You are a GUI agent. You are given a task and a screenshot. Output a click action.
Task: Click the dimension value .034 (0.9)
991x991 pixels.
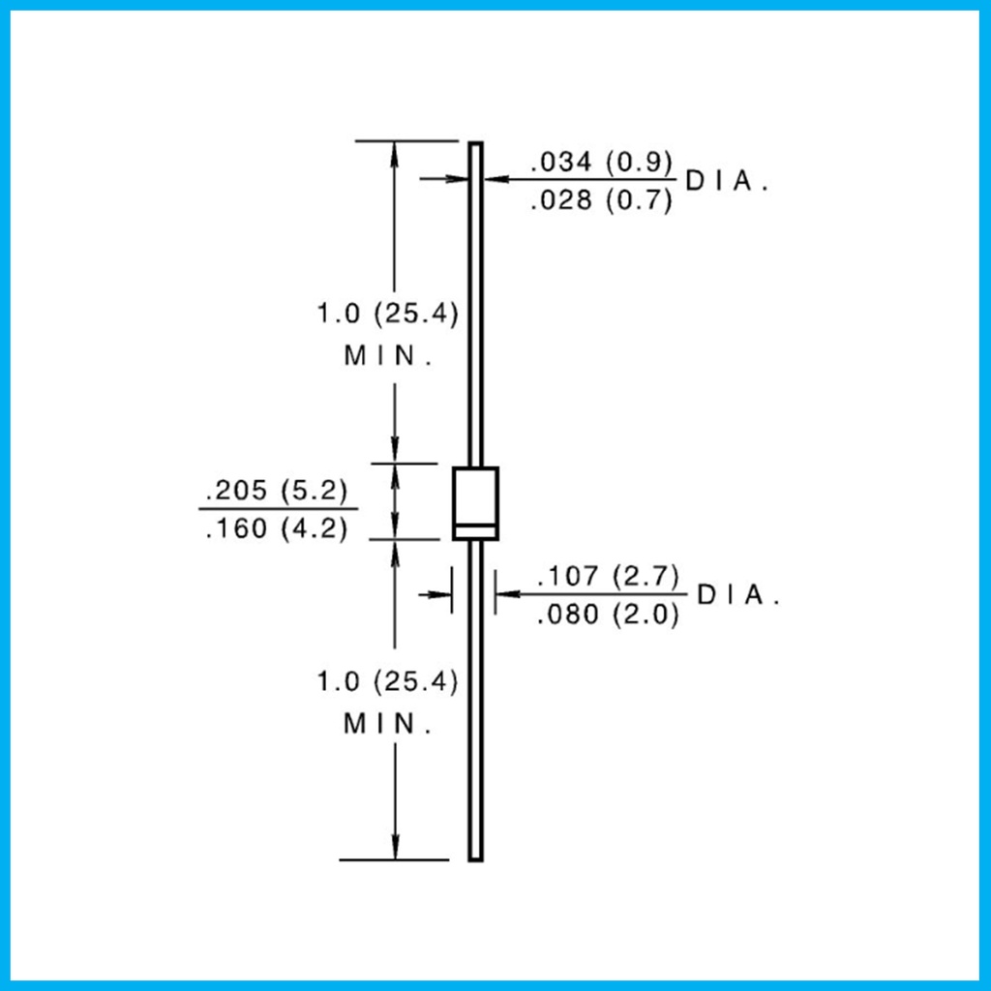[602, 162]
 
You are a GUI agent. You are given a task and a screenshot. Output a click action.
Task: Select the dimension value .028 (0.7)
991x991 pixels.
[602, 200]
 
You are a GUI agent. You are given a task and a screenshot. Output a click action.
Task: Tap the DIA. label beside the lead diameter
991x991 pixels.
[727, 181]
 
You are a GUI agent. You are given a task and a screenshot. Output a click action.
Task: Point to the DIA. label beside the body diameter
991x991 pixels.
[738, 595]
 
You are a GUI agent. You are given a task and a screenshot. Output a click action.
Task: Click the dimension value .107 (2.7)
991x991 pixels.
[608, 576]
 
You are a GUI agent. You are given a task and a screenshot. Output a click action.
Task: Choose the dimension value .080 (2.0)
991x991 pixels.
[608, 614]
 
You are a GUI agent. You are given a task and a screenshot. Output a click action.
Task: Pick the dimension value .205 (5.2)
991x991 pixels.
[277, 490]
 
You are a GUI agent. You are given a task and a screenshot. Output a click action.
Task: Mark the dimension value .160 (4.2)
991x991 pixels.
[277, 527]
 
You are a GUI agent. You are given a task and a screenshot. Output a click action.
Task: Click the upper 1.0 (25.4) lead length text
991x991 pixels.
[387, 313]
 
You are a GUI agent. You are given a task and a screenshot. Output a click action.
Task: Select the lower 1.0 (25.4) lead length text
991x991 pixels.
[387, 681]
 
